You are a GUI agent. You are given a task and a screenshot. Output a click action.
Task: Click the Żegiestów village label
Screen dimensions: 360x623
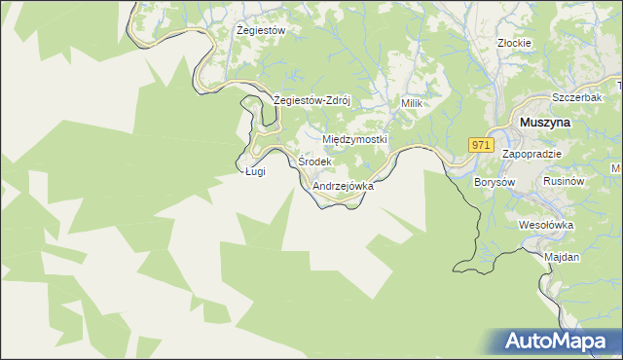(261, 31)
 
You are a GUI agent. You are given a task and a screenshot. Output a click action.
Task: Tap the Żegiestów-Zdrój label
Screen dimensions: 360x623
(311, 100)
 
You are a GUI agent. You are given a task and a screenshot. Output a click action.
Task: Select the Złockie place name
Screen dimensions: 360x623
(513, 43)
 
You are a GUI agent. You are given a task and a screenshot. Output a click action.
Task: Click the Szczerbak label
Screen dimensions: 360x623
(574, 100)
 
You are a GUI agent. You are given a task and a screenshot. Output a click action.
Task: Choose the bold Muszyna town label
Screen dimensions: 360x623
(545, 124)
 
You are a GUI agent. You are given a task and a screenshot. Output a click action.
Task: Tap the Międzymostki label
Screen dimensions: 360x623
(354, 140)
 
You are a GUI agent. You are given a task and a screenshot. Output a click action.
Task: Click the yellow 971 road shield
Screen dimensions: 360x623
(480, 144)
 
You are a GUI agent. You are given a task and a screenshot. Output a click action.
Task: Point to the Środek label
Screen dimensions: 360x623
(315, 162)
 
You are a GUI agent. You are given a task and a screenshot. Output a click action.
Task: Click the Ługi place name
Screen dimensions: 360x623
(255, 172)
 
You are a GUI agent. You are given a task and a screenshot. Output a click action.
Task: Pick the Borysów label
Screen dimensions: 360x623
(493, 182)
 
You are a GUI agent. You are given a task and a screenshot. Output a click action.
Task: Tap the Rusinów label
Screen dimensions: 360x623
(564, 182)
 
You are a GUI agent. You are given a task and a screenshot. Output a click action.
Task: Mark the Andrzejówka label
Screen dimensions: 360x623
(344, 185)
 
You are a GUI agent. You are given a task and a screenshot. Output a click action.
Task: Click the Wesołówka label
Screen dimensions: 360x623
(546, 225)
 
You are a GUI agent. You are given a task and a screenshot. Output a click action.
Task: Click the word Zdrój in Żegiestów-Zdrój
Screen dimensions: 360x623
(333, 100)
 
